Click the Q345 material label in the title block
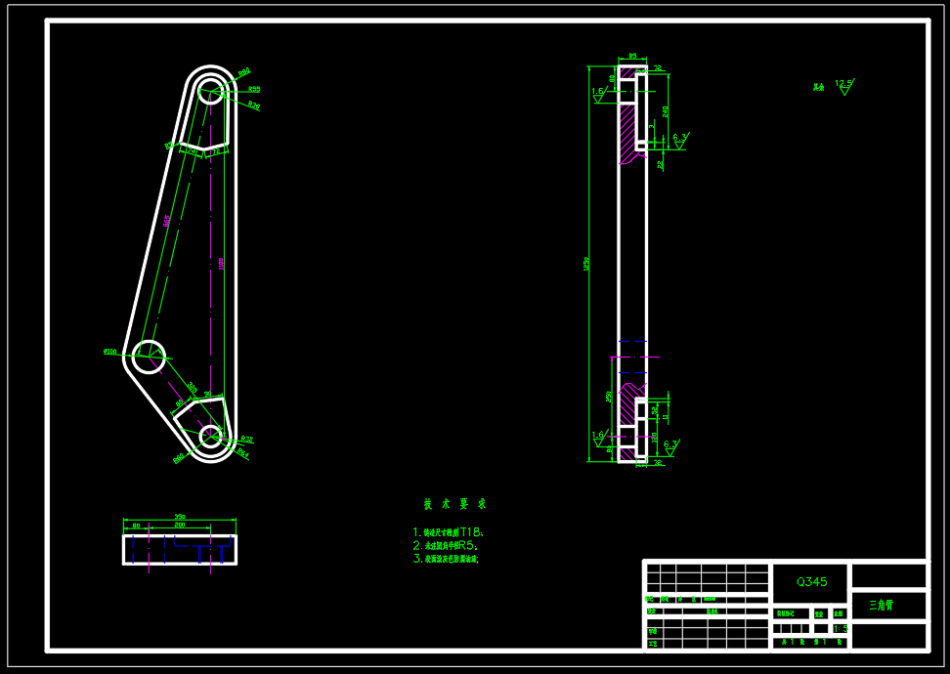point(811,581)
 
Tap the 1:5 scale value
point(840,628)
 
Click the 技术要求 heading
point(453,504)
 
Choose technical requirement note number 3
point(446,560)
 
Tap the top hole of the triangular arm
point(210,94)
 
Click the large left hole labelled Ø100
point(149,357)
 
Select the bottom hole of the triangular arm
point(210,435)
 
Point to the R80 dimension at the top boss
point(243,71)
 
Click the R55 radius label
point(253,89)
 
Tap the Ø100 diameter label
point(109,352)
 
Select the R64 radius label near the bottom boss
point(242,453)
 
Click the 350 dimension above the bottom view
point(179,517)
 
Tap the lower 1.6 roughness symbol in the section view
point(598,436)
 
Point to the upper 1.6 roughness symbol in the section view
point(598,93)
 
